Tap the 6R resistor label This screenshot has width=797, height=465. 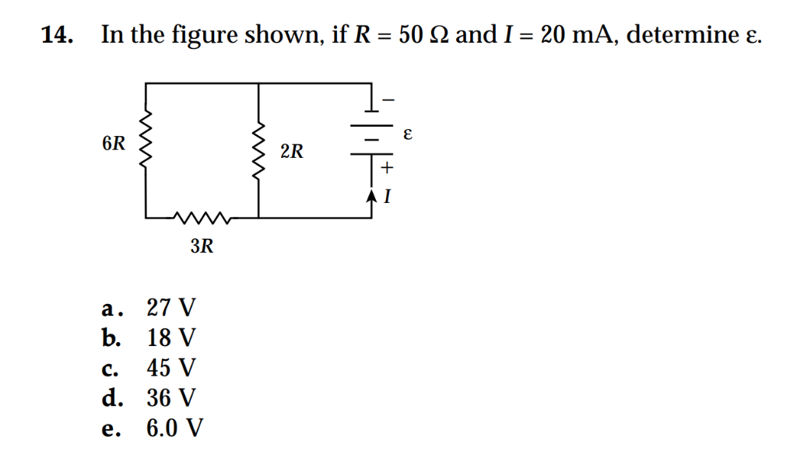point(113,145)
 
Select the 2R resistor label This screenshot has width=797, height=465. point(292,151)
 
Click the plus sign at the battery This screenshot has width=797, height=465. point(387,166)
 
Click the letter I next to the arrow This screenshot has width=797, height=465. point(387,198)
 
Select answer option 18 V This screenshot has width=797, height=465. point(172,338)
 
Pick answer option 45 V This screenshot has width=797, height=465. point(172,368)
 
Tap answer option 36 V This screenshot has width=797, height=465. point(172,398)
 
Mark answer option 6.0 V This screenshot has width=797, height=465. point(176,428)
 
